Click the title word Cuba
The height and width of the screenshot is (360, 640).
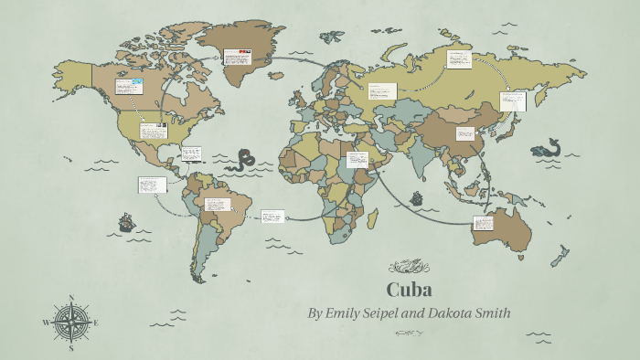(409, 291)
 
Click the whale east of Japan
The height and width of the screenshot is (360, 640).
(546, 148)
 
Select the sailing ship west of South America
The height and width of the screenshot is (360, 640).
(125, 222)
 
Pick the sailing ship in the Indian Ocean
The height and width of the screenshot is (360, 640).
(417, 197)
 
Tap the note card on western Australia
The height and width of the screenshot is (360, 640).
(484, 223)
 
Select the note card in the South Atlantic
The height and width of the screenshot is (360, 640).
(272, 217)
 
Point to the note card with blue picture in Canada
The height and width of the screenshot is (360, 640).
(129, 87)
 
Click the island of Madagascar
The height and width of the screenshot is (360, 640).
(373, 218)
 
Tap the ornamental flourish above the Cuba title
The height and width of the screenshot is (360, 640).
(409, 267)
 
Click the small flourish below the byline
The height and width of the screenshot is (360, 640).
(409, 334)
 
